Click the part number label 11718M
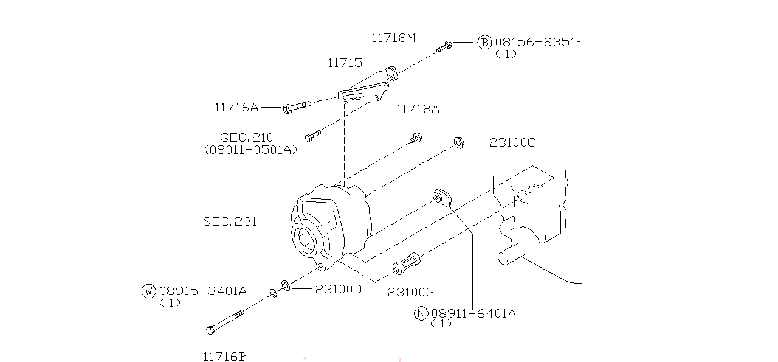[393, 38]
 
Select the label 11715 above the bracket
[345, 63]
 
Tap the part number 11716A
[236, 108]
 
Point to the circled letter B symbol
[484, 42]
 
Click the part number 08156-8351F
[539, 42]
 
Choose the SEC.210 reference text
[247, 138]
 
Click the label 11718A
[417, 110]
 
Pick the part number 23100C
[512, 142]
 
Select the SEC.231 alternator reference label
[230, 221]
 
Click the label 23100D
[338, 289]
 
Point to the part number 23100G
[411, 292]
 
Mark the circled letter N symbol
[421, 313]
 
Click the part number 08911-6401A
[473, 313]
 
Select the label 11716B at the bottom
[225, 357]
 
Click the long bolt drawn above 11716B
[225, 322]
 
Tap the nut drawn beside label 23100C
[459, 144]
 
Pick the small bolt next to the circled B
[444, 47]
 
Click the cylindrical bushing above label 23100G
[407, 263]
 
